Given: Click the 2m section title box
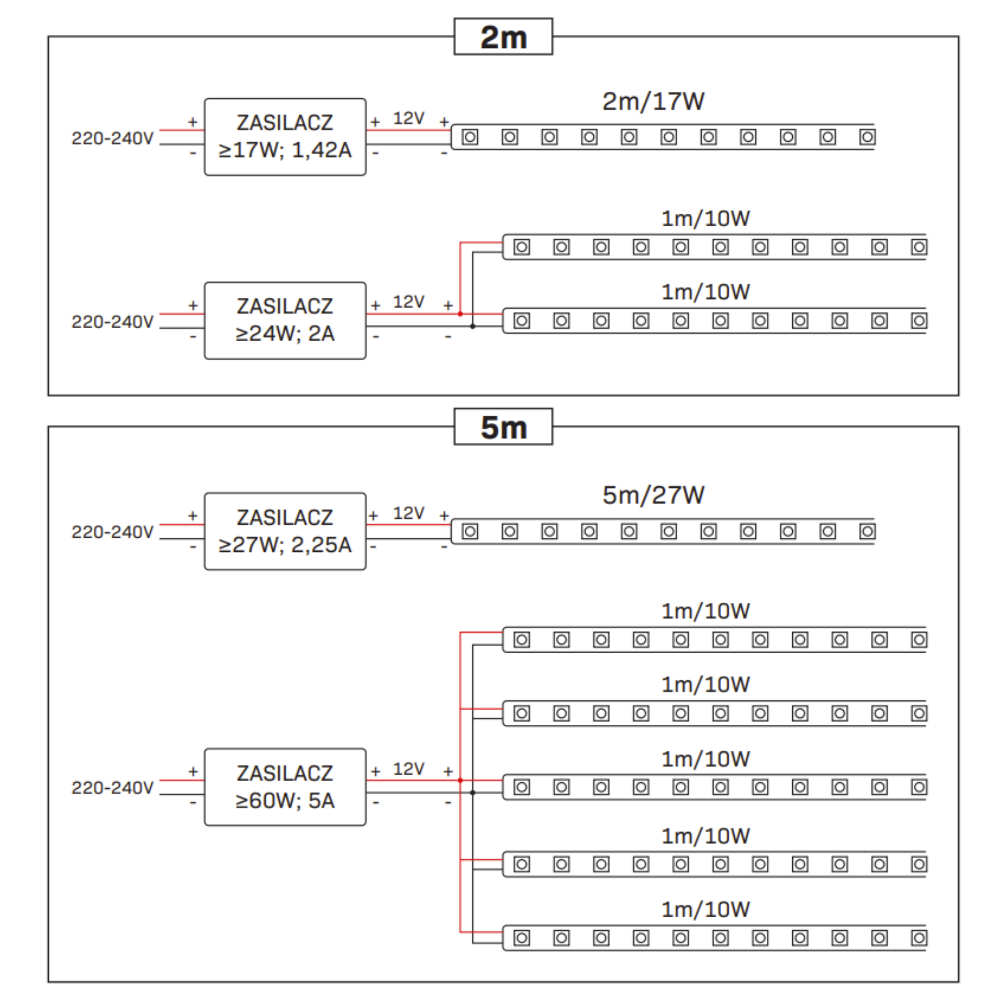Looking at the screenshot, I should pos(503,36).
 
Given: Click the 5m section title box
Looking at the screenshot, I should pos(503,427).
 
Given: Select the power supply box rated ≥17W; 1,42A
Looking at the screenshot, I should pos(285,137).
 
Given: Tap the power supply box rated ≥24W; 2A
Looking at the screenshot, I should pos(285,321).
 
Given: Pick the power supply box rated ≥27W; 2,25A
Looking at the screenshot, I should pos(285,531).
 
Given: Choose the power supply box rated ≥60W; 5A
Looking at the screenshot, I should pos(285,787).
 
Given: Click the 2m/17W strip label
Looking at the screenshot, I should pos(653,101).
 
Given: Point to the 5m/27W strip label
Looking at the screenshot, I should pos(653,494).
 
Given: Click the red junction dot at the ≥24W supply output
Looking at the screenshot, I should pos(460,314).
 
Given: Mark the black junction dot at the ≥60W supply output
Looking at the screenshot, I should pos(473,792).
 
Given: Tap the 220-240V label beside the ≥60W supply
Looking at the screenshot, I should pos(112,787).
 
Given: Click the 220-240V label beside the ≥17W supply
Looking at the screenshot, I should pos(112,138).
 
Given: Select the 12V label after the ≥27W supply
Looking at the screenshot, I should pos(409,514).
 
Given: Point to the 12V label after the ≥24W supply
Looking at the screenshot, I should pos(409,302).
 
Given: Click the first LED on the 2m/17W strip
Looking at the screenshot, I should pos(470,137).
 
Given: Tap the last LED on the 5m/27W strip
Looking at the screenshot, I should pos(867,532).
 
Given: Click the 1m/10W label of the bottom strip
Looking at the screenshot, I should pos(706,909).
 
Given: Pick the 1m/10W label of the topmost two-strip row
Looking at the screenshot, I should pos(706,219).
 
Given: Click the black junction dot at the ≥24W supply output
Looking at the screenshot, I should pos(473,327).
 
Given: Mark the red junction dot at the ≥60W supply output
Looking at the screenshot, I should pos(460,781).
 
